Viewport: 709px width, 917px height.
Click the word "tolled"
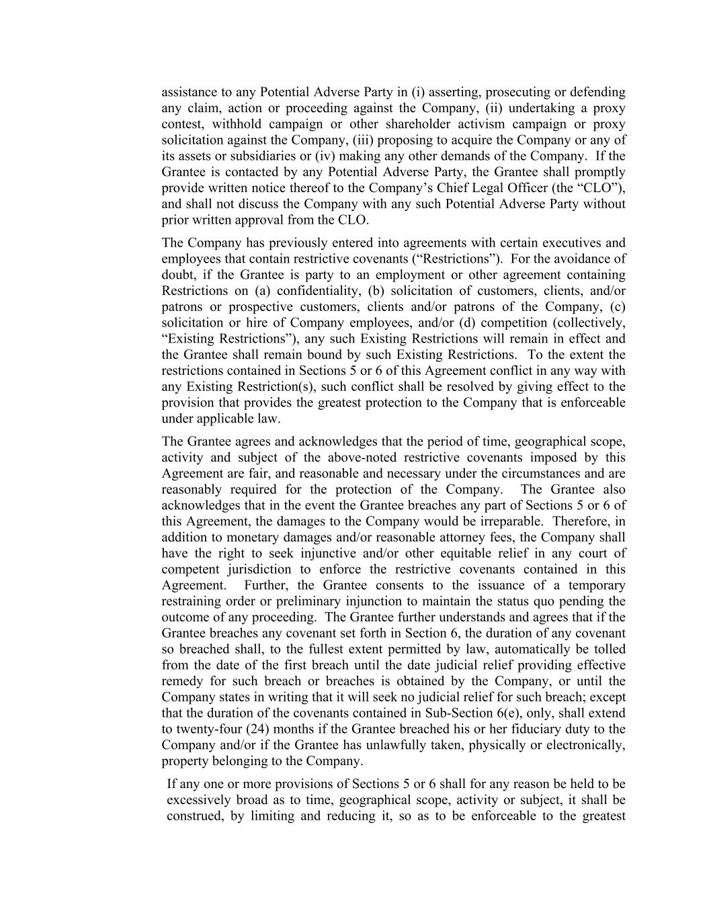[x=610, y=650]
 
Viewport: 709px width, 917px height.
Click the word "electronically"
[x=586, y=746]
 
